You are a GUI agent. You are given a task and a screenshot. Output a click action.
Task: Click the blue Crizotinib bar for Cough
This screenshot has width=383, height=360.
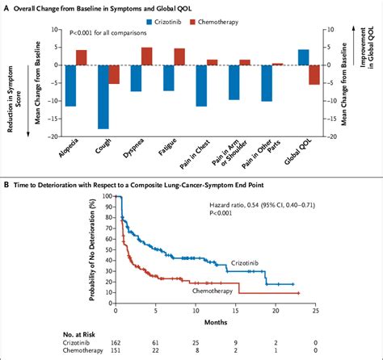[x=103, y=97]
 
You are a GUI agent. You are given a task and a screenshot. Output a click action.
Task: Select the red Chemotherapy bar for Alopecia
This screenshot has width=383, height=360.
[x=82, y=57]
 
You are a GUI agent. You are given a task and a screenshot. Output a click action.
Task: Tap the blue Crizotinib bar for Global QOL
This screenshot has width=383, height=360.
[x=303, y=57]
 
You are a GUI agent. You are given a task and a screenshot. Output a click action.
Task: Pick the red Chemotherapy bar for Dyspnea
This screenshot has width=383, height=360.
[x=147, y=56]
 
